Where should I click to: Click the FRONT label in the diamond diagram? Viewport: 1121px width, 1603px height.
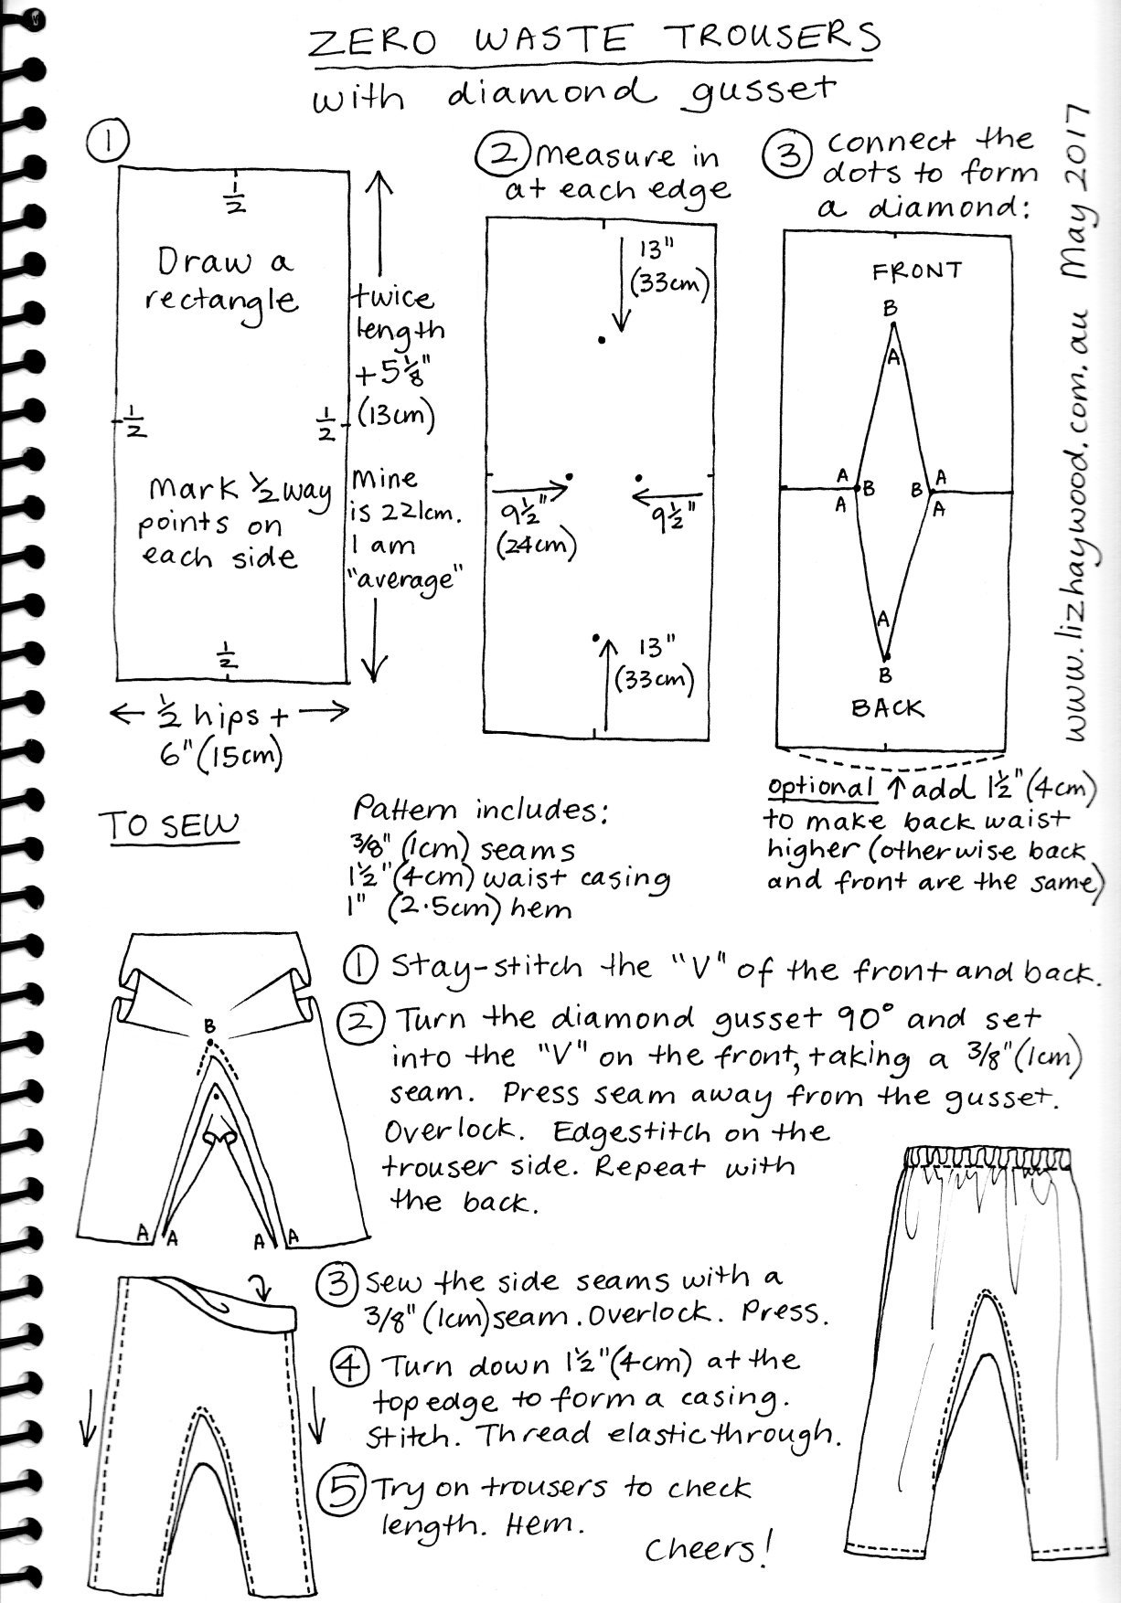[917, 271]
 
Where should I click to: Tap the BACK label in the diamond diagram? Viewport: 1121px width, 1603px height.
[887, 708]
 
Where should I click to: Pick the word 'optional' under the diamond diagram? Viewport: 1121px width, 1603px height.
[821, 787]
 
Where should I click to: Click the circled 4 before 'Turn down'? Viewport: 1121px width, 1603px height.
[350, 1366]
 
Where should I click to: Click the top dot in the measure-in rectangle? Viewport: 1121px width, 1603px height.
[601, 340]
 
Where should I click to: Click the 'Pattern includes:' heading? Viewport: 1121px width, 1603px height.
[482, 811]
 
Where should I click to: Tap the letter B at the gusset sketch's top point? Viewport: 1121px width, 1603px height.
[209, 1027]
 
